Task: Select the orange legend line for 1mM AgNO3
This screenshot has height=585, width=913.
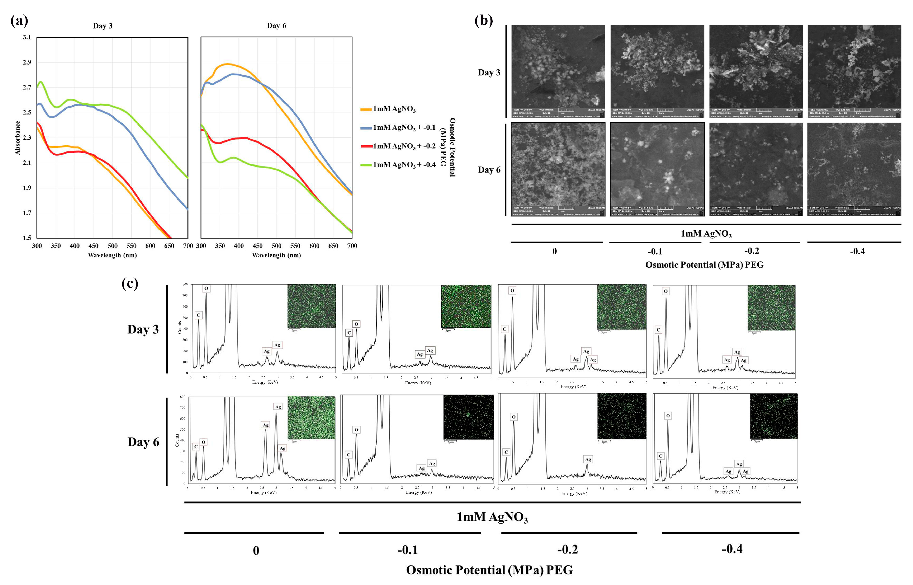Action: point(366,109)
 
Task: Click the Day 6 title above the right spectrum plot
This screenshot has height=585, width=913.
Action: point(276,25)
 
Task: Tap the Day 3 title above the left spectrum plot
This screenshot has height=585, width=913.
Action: point(103,26)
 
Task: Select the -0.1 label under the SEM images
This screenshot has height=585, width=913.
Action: point(654,251)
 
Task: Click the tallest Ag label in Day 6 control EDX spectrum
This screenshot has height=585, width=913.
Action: point(278,406)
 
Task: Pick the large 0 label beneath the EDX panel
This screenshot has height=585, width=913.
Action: point(256,551)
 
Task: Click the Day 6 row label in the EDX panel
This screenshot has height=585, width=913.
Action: point(143,442)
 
